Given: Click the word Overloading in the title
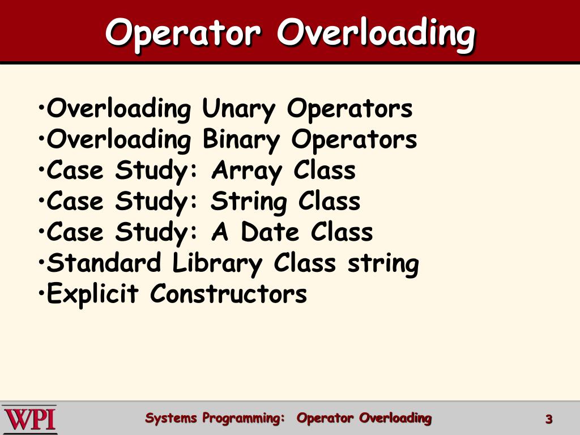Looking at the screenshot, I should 376,33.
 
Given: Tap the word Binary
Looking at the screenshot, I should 241,140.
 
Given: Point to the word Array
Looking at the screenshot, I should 246,171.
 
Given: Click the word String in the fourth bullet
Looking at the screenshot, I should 249,202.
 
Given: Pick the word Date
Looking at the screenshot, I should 270,233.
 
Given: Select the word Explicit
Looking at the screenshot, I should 92,295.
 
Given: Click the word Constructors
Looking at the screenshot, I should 228,295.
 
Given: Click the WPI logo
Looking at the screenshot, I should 29,419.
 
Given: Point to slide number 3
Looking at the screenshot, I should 548,420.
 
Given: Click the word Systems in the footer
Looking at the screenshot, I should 171,419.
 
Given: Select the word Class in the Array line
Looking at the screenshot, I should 324,171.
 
